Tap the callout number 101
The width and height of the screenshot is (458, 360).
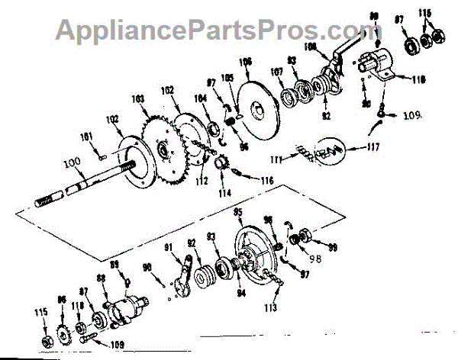(87, 138)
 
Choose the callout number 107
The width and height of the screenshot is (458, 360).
(276, 73)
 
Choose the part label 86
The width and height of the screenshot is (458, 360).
(63, 301)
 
